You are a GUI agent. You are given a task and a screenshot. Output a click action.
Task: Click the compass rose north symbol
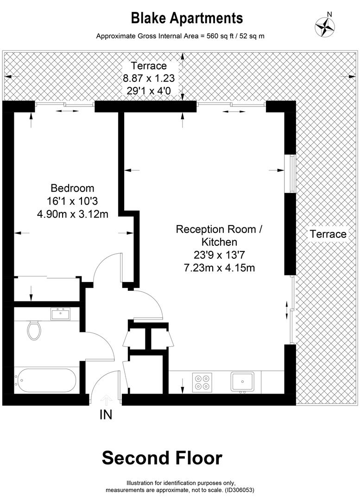pos(325,26)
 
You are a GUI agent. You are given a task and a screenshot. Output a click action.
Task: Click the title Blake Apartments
pos(187,18)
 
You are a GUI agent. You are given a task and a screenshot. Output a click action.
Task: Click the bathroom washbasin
pos(60,314)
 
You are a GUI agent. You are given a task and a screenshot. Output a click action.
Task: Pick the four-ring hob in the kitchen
pos(202,382)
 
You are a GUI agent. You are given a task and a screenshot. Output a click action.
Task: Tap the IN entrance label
pos(106,415)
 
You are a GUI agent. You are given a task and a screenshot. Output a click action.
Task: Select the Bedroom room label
pos(72,188)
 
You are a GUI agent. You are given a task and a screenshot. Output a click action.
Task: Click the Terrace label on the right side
pos(328,234)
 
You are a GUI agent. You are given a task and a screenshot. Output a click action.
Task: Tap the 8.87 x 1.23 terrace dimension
pos(148,78)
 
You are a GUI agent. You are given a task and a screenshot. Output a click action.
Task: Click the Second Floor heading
pos(162,458)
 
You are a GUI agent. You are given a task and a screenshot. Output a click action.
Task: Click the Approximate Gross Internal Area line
pos(180,36)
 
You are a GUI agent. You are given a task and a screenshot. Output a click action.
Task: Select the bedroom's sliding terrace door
pos(65,106)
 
